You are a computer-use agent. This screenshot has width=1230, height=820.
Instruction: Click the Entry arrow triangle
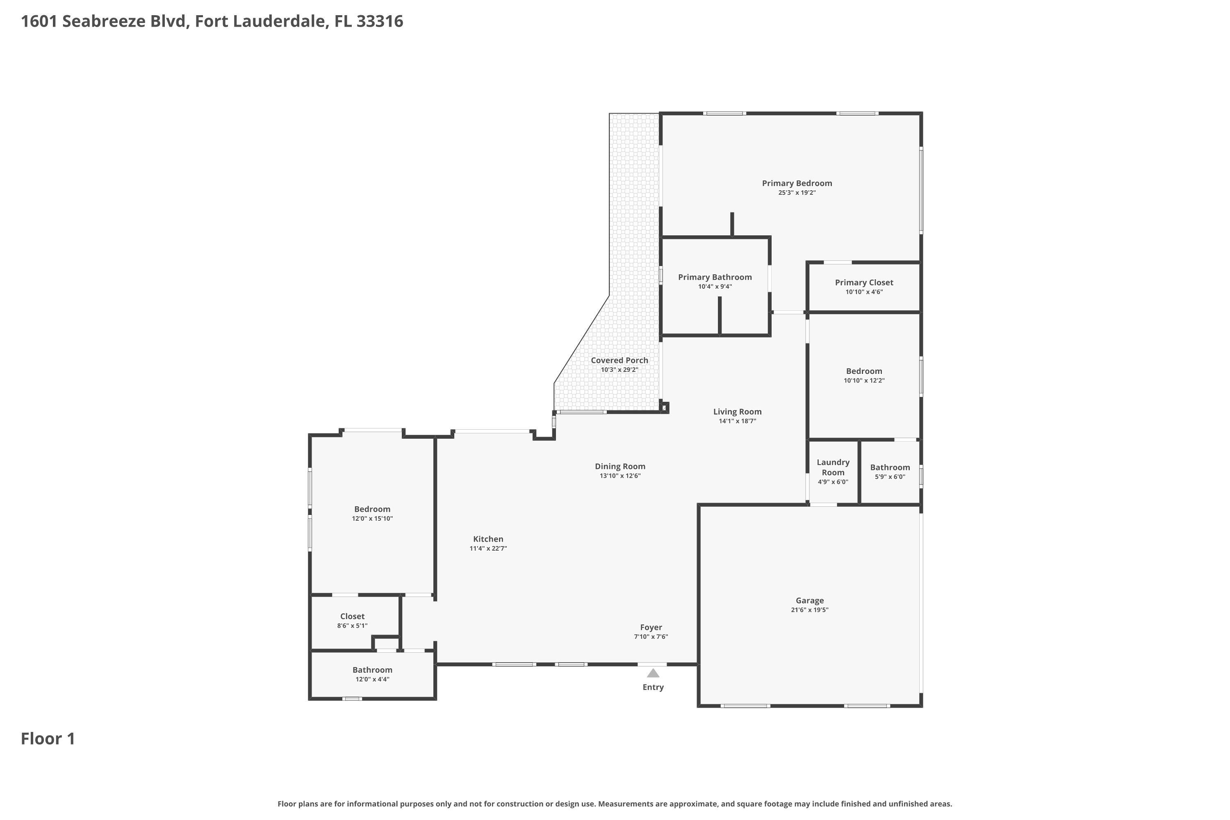pyautogui.click(x=653, y=673)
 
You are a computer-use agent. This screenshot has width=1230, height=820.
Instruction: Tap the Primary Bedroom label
pyautogui.click(x=797, y=183)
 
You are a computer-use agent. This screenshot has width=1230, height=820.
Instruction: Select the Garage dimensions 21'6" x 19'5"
pyautogui.click(x=809, y=610)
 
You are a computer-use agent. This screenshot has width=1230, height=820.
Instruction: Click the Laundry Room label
pyautogui.click(x=833, y=467)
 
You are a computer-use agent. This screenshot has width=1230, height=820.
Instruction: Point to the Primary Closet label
pyautogui.click(x=863, y=282)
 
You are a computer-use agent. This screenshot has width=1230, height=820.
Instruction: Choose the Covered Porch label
pyautogui.click(x=619, y=360)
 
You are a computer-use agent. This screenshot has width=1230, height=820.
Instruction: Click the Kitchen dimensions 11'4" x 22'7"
pyautogui.click(x=488, y=549)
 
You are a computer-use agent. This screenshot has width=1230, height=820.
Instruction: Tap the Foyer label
pyautogui.click(x=651, y=627)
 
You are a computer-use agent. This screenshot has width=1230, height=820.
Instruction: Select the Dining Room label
pyautogui.click(x=620, y=467)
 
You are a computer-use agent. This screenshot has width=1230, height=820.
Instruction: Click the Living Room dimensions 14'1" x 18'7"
pyautogui.click(x=737, y=421)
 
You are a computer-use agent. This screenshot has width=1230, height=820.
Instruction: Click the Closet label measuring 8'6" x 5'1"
pyautogui.click(x=352, y=616)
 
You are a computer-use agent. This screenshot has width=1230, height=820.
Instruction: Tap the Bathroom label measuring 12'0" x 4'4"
pyautogui.click(x=372, y=670)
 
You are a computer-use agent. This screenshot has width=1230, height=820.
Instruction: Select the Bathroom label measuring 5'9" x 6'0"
pyautogui.click(x=890, y=467)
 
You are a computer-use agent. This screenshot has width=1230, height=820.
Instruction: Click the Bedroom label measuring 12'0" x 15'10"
pyautogui.click(x=372, y=509)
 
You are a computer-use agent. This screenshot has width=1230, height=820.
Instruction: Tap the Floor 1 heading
pyautogui.click(x=48, y=738)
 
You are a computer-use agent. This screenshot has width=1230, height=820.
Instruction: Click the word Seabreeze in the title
pyautogui.click(x=105, y=21)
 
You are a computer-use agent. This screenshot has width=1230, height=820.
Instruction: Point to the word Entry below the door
pyautogui.click(x=653, y=687)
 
